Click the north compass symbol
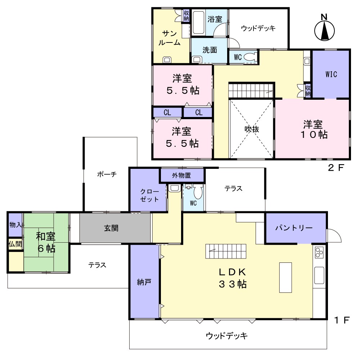coord(324,28)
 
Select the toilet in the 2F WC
coord(250,57)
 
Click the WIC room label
coord(331,74)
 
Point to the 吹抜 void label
coord(252,129)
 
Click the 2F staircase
coord(251,90)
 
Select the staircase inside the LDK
coord(226,251)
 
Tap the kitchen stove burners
coord(319,252)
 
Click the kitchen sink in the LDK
coord(319,275)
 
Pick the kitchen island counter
coord(285,278)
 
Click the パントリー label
coord(294,228)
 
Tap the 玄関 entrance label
coord(111,228)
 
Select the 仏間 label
coord(15,244)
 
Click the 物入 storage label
coord(15,225)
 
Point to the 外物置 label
coord(181,175)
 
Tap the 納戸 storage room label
coord(144,282)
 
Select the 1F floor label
coord(342,320)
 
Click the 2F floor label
coord(336,168)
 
